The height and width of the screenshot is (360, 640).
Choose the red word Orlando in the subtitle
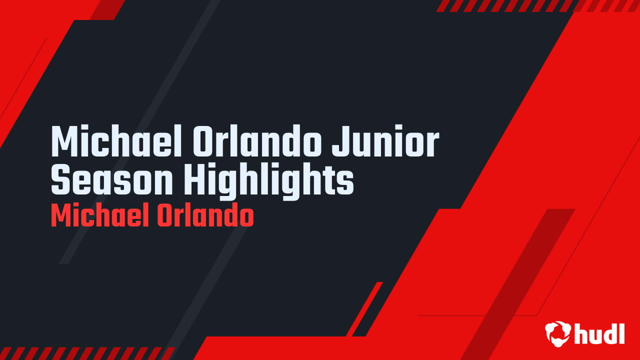click(205, 215)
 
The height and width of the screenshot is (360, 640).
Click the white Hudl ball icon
click(558, 334)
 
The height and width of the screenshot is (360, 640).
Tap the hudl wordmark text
click(599, 333)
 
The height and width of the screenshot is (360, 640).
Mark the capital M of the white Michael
click(66, 141)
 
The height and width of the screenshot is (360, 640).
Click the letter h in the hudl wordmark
click(581, 333)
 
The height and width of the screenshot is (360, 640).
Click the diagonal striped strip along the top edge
click(537, 5)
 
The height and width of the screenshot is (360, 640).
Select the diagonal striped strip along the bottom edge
click(87, 353)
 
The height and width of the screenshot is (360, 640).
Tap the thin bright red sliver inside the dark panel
click(364, 309)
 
